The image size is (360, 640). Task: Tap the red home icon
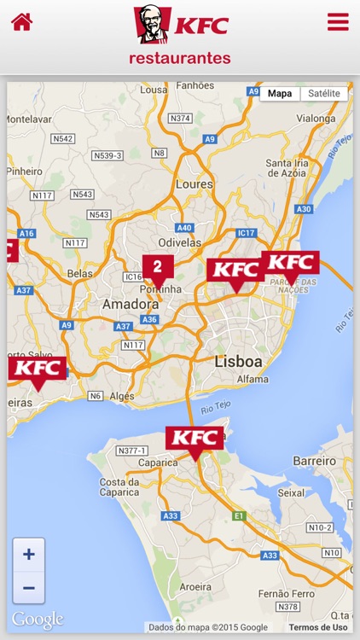coord(21,22)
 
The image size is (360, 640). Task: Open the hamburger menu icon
coord(338,22)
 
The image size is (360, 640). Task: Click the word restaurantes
coord(180,59)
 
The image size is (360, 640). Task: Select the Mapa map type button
coord(280,93)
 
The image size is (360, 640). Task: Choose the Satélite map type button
coord(324,93)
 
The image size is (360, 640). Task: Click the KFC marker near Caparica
coord(195,439)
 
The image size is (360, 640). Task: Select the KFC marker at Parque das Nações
coord(290,263)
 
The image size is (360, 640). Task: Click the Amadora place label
coord(126,305)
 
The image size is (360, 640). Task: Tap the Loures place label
coord(194,183)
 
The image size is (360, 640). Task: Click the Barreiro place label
coord(314,461)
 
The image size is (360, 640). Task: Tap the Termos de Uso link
coord(317,627)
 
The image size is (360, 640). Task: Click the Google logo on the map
coord(38,620)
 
